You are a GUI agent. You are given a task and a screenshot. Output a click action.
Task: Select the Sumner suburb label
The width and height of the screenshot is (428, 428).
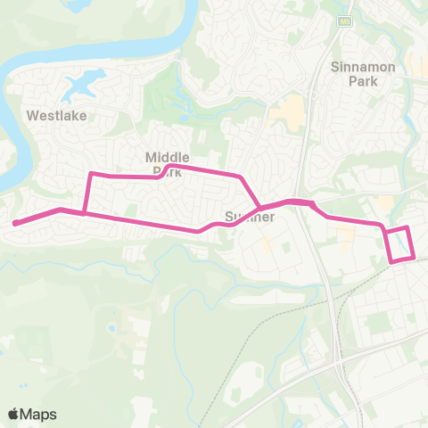(249, 217)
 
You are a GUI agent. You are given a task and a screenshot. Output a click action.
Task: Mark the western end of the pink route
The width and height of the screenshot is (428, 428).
(16, 223)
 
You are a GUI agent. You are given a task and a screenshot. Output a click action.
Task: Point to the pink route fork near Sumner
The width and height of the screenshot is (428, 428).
(259, 209)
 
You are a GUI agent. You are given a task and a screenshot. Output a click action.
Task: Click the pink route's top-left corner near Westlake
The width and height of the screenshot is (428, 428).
(90, 175)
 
